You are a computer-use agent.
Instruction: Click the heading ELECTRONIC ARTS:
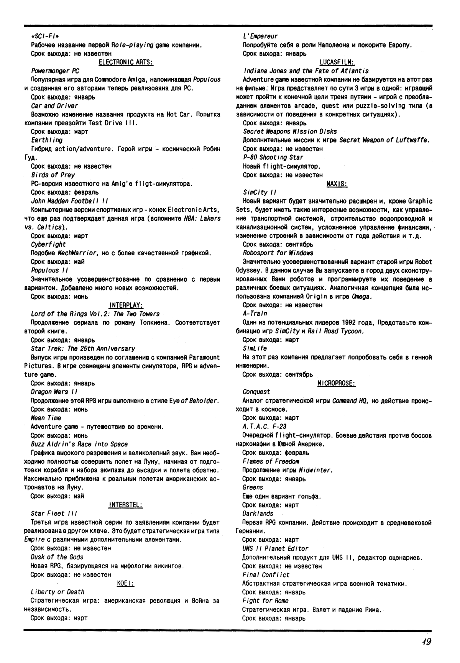pyautogui.click(x=126, y=62)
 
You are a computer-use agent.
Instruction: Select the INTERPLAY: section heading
pyautogui.click(x=126, y=305)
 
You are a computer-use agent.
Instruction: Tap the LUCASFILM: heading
pyautogui.click(x=337, y=62)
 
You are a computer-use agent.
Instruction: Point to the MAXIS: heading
pyautogui.click(x=337, y=184)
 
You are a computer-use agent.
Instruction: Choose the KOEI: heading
pyautogui.click(x=126, y=583)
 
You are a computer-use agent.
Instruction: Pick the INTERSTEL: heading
pyautogui.click(x=126, y=505)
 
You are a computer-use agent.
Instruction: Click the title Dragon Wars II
pyautogui.click(x=54, y=392)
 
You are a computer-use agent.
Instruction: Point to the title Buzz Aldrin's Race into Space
pyautogui.click(x=79, y=444)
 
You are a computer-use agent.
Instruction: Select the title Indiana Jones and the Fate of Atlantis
pyautogui.click(x=306, y=71)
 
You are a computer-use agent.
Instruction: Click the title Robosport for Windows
pyautogui.click(x=278, y=253)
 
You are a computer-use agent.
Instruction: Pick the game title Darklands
pyautogui.click(x=258, y=514)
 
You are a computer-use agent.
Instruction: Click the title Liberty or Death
pyautogui.click(x=58, y=592)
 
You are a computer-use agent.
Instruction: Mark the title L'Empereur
pyautogui.click(x=260, y=36)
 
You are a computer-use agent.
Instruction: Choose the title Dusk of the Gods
pyautogui.click(x=57, y=557)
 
